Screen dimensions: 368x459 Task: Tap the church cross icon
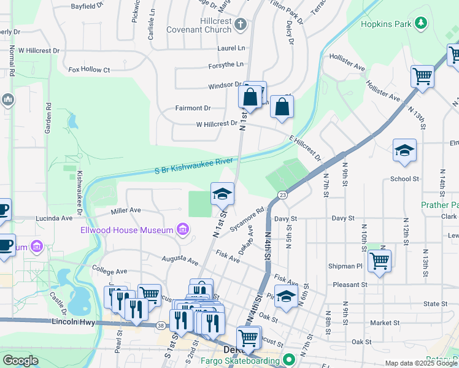(x=241, y=25)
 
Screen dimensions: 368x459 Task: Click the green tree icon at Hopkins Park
(x=421, y=23)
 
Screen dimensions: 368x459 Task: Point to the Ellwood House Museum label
(x=127, y=230)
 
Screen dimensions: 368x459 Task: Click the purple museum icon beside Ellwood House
(x=182, y=230)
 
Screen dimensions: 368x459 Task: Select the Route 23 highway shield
(x=282, y=194)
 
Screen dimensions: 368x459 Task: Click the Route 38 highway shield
(x=160, y=325)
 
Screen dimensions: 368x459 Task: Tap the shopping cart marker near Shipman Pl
(x=380, y=260)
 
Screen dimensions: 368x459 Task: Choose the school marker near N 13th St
(x=404, y=150)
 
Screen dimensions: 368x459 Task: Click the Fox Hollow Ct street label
(x=89, y=70)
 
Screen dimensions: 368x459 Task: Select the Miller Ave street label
(x=126, y=211)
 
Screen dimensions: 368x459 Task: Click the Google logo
(x=21, y=361)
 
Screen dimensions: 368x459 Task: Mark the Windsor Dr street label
(x=225, y=84)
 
